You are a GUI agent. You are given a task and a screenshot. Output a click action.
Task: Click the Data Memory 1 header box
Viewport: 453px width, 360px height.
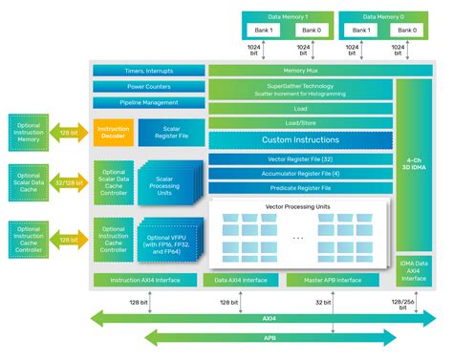tap(288, 17)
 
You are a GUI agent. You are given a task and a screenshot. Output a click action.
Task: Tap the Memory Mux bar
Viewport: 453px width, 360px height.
tap(300, 71)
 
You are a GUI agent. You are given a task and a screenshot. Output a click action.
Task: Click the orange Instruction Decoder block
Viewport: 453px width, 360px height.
tap(113, 132)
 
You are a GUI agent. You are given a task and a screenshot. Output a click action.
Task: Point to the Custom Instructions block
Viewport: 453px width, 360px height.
tap(300, 140)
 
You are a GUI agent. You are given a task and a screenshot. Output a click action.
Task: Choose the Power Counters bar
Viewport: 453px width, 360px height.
tap(148, 86)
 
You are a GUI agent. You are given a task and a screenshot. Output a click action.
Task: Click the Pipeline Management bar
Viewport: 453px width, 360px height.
tap(148, 100)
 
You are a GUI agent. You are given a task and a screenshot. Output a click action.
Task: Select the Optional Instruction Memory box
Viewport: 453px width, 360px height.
tap(32, 130)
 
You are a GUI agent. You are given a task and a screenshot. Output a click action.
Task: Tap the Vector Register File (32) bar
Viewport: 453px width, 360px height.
tap(300, 159)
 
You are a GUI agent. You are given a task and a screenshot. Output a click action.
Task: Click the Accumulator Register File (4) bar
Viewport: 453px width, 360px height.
tap(300, 174)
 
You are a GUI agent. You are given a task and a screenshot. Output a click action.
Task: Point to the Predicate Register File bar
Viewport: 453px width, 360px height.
tap(300, 188)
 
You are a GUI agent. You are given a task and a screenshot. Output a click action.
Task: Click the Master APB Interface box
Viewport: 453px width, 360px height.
tap(335, 280)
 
